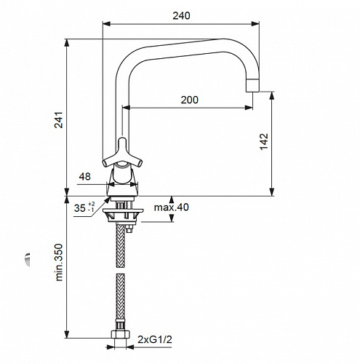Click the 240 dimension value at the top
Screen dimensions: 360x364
pos(181,16)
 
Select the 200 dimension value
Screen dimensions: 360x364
pos(189,100)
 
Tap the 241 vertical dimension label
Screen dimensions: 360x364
pos(59,120)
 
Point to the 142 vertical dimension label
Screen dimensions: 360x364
pos(264,142)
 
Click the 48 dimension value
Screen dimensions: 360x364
pos(85,176)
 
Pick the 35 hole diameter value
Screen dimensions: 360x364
pos(80,208)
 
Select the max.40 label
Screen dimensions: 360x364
pos(172,207)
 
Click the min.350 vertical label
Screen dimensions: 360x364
pos(59,262)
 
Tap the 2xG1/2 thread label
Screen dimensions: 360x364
pos(155,339)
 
